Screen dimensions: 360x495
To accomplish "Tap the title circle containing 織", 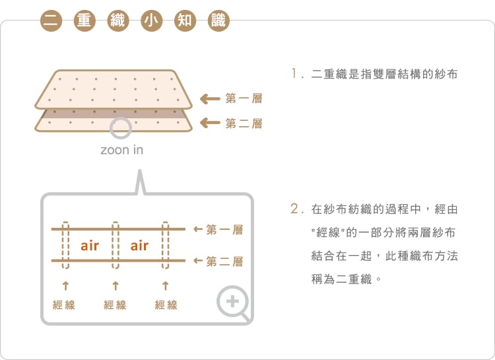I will (117, 20).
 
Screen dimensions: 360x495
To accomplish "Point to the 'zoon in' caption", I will (121, 150).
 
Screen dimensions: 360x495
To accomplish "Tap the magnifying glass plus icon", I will (233, 303).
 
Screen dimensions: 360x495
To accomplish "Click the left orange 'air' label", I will (90, 246).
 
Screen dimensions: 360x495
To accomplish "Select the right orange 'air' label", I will (139, 246).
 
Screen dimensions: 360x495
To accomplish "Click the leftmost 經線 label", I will (64, 305).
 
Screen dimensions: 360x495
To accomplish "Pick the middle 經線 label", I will (115, 305).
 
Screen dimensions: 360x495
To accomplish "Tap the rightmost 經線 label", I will (166, 305).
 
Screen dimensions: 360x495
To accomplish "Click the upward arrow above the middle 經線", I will (115, 286).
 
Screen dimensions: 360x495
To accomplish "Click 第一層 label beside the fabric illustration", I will (244, 98).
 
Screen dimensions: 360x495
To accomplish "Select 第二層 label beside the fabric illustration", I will (244, 123).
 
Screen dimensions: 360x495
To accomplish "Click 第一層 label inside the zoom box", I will (224, 230).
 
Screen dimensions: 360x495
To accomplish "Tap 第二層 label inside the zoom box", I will (224, 262).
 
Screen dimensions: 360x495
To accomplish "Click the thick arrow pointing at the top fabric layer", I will (210, 99).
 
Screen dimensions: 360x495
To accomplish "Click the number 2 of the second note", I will (295, 209).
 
